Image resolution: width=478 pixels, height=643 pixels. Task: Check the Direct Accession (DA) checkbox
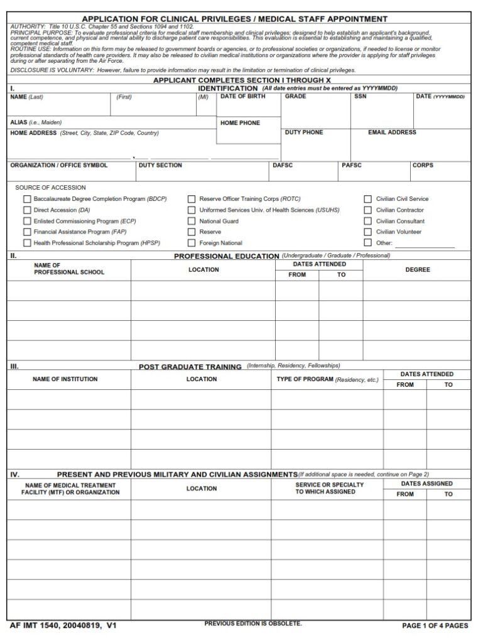pyautogui.click(x=27, y=210)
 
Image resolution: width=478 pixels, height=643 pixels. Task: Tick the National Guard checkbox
pyautogui.click(x=192, y=221)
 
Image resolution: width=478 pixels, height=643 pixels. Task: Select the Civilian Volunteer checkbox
pyautogui.click(x=368, y=232)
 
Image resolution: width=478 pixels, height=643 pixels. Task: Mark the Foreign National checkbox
pyautogui.click(x=192, y=243)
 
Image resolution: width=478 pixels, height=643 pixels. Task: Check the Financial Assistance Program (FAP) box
pyautogui.click(x=27, y=232)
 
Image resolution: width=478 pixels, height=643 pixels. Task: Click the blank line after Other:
pyautogui.click(x=425, y=244)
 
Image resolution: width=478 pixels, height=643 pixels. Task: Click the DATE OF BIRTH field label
pyautogui.click(x=242, y=97)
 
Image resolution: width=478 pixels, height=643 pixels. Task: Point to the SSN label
pyautogui.click(x=360, y=97)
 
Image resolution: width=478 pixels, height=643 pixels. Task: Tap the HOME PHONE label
pyautogui.click(x=240, y=123)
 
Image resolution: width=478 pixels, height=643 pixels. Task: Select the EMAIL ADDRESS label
pyautogui.click(x=392, y=132)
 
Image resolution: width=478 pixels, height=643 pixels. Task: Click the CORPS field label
pyautogui.click(x=423, y=165)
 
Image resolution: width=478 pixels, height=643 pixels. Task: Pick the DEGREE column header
pyautogui.click(x=418, y=269)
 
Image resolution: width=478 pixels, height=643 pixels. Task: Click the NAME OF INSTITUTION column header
pyautogui.click(x=65, y=379)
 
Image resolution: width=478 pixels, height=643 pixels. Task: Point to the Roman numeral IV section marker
pyautogui.click(x=14, y=474)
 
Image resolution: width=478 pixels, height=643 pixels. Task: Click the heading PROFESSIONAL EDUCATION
pyautogui.click(x=226, y=256)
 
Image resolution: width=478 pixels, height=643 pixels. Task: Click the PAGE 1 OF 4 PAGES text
pyautogui.click(x=435, y=625)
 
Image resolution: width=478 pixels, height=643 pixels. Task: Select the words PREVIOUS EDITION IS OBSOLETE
pyautogui.click(x=253, y=624)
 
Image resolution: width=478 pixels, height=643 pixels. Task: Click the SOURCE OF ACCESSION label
pyautogui.click(x=50, y=188)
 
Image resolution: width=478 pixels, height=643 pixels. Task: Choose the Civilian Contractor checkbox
pyautogui.click(x=368, y=210)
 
